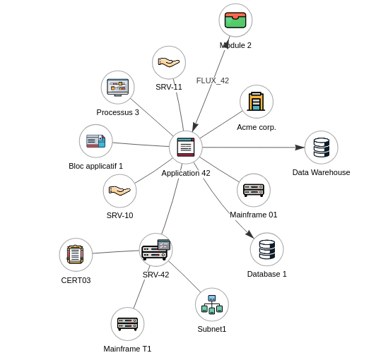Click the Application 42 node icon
pos(186,147)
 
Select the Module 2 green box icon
pos(235,20)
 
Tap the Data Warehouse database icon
pos(322,148)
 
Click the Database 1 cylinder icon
pos(267,249)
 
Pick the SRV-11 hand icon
pos(169,63)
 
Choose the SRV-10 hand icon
pos(119,191)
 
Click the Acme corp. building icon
pos(256,102)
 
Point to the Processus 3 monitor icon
pos(118,88)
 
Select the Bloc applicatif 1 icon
pos(95,141)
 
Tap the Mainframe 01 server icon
pos(254,190)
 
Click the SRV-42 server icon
pos(156,250)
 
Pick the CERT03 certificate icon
pos(76,254)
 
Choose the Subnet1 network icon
pos(212,304)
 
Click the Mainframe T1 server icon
pos(127,324)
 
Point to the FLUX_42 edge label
pos(213,80)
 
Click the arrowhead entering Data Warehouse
pos(300,148)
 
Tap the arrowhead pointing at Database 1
pos(250,234)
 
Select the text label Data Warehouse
pos(321,172)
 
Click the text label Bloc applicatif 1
pos(95,166)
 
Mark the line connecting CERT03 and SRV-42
pos(116,252)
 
